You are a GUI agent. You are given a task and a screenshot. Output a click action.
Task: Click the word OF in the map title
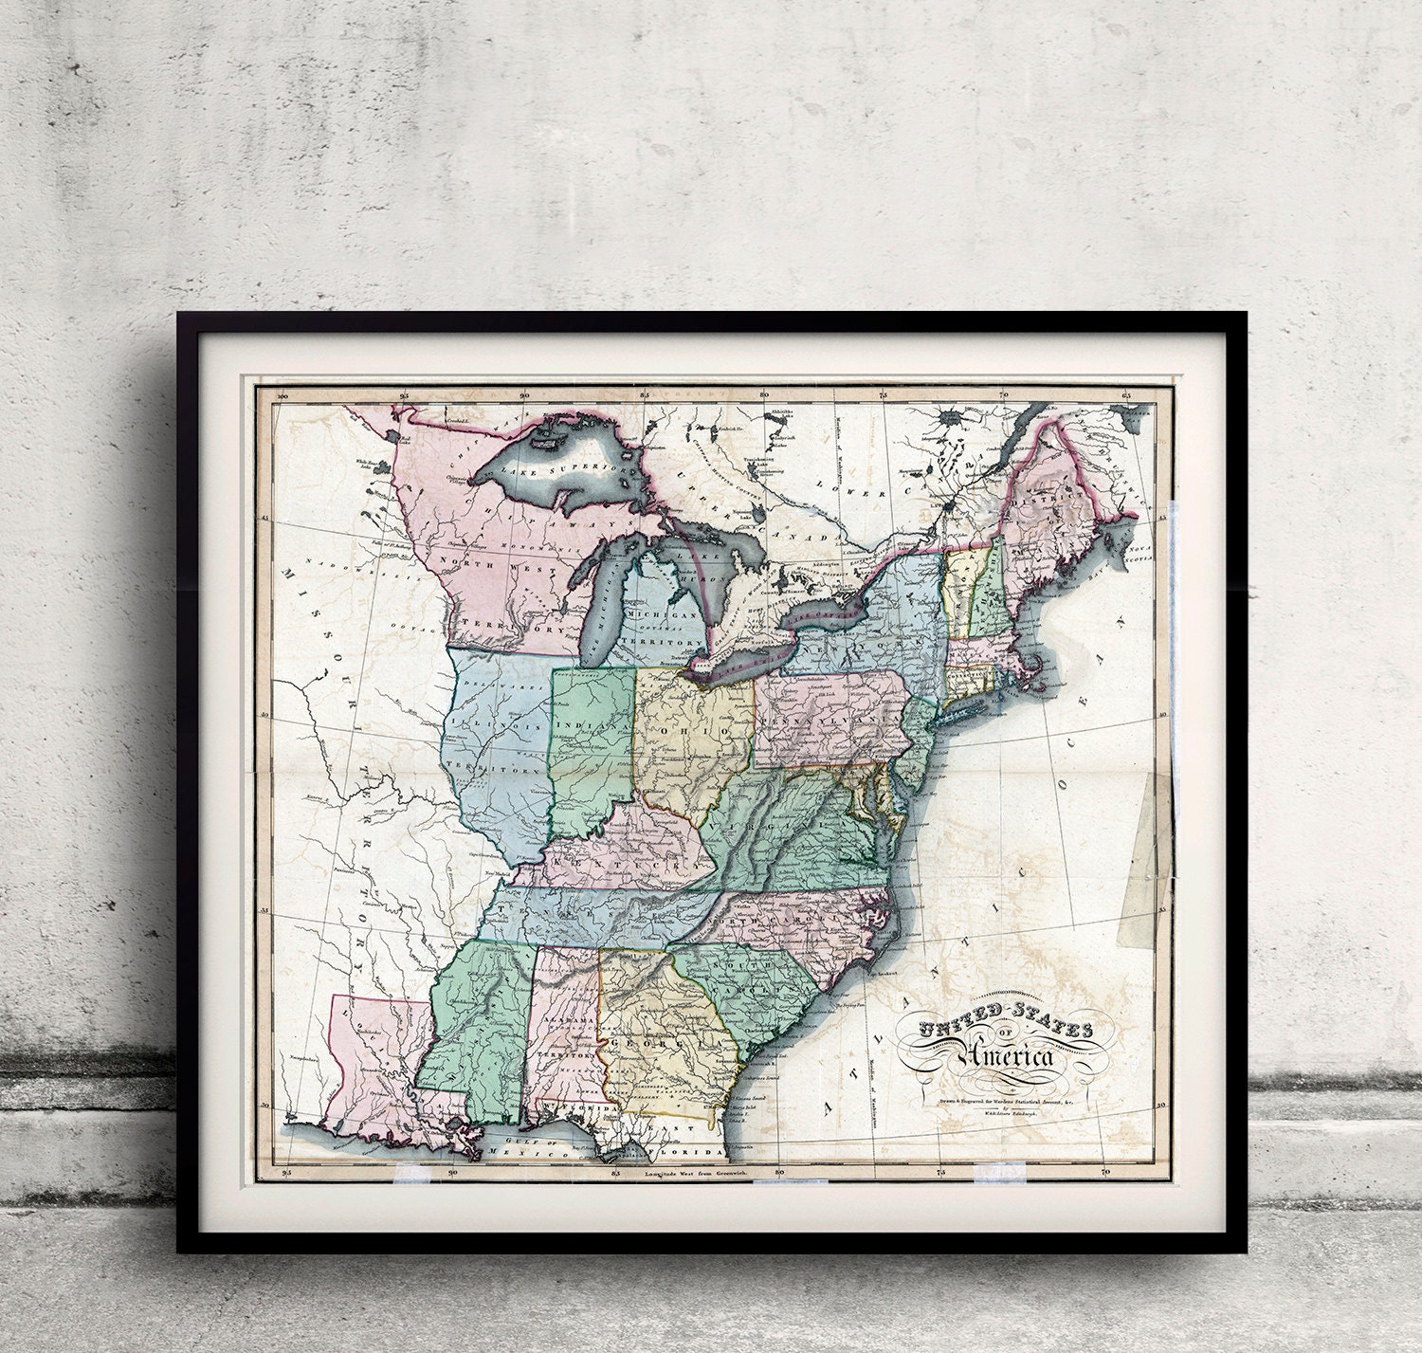(1005, 1034)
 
